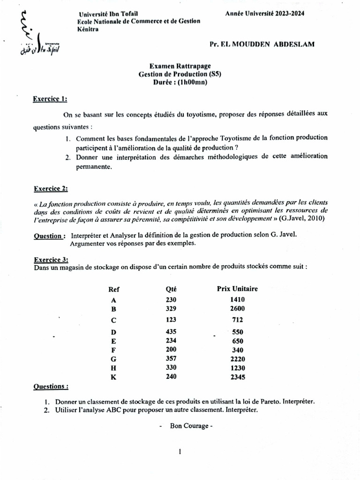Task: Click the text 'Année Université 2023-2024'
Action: [264, 14]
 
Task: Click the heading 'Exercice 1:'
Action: [50, 99]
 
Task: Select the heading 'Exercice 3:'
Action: [51, 259]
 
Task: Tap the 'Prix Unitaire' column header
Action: [237, 289]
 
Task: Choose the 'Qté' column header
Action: [171, 289]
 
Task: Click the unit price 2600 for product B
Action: [237, 309]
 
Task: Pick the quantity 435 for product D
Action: [171, 331]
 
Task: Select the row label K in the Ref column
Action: [113, 377]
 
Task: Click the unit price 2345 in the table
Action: [237, 377]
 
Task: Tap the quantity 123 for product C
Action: [171, 320]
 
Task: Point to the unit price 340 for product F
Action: [237, 350]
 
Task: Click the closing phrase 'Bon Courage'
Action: [186, 427]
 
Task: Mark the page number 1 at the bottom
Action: [180, 452]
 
